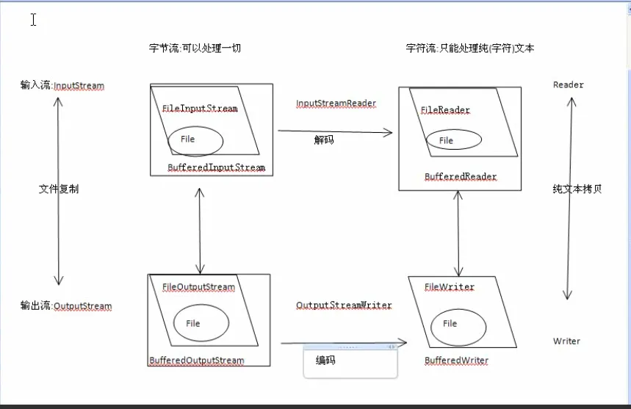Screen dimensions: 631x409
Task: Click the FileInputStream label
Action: click(x=200, y=108)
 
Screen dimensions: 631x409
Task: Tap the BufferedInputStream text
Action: click(x=216, y=167)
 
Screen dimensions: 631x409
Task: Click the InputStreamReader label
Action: click(x=336, y=103)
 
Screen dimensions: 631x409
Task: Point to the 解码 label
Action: click(x=324, y=140)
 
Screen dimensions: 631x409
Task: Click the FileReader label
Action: click(x=445, y=110)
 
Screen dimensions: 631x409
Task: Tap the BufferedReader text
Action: click(x=461, y=176)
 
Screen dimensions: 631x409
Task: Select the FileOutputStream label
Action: click(x=198, y=287)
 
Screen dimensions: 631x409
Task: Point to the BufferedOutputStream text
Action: click(x=196, y=361)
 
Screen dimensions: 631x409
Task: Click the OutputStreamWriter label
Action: click(x=344, y=305)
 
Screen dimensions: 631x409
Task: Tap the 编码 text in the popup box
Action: click(x=325, y=360)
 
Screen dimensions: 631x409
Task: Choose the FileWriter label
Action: click(x=450, y=287)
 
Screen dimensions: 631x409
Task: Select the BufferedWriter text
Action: click(x=456, y=361)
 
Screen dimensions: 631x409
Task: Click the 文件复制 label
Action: click(x=59, y=189)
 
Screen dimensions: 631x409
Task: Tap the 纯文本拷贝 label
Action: click(x=577, y=189)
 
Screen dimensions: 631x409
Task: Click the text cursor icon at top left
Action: click(x=33, y=19)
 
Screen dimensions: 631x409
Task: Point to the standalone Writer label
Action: click(x=566, y=341)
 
